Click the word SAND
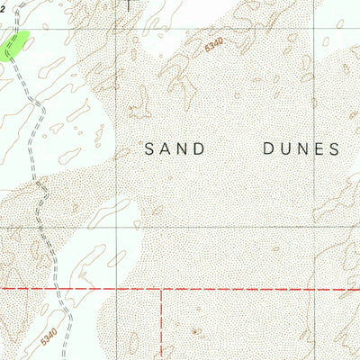(175, 148)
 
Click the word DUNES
(300, 148)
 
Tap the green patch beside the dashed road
(17, 43)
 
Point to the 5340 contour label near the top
(212, 43)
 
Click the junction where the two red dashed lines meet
(162, 290)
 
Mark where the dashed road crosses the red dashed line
(58, 290)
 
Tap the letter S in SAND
(149, 148)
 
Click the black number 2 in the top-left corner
(3, 4)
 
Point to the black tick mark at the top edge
(130, 4)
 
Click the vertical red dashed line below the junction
(162, 324)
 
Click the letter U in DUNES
(283, 148)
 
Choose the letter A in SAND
(166, 148)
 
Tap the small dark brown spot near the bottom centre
(196, 331)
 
